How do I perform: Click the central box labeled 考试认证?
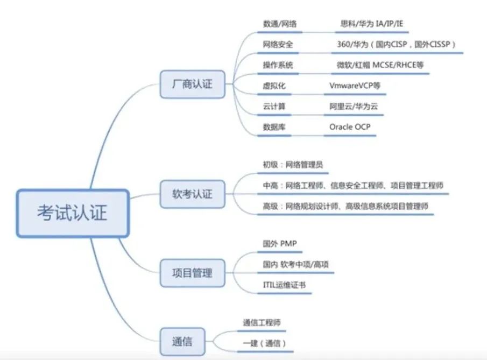[x=73, y=213]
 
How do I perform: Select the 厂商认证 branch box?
[x=192, y=84]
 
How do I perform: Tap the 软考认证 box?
[x=192, y=194]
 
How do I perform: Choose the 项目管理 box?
[x=192, y=273]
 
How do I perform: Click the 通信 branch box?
[x=182, y=342]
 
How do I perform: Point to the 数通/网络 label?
[x=279, y=24]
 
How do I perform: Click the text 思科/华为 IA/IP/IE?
[x=372, y=24]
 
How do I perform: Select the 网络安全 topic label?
[x=278, y=45]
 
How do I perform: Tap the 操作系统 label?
[x=278, y=65]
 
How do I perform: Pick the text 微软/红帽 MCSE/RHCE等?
[x=380, y=65]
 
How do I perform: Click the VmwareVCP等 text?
[x=355, y=86]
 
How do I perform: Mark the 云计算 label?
[x=274, y=107]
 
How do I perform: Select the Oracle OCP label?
[x=350, y=127]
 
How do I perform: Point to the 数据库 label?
[x=274, y=127]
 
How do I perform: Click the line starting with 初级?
[x=293, y=165]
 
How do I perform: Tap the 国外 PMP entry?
[x=279, y=244]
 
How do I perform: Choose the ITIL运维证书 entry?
[x=284, y=285]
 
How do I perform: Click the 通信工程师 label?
[x=262, y=323]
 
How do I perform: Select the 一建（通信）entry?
[x=264, y=343]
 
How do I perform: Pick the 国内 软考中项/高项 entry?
[x=295, y=264]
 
